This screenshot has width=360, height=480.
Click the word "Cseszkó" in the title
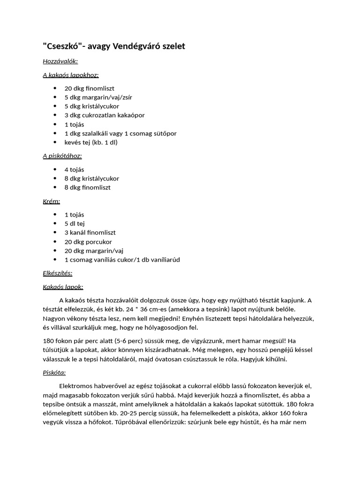point(63,46)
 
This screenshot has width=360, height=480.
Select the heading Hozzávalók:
point(60,61)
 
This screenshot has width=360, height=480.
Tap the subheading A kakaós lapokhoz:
point(71,75)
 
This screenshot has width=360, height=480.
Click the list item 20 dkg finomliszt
point(90,89)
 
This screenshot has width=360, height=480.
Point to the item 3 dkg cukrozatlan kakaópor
point(105,115)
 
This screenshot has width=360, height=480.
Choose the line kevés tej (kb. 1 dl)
point(91,142)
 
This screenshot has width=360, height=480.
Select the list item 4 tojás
point(75,170)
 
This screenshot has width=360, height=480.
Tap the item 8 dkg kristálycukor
point(92,179)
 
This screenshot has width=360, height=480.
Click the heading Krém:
point(52,201)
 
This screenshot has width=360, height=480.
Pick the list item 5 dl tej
point(75,224)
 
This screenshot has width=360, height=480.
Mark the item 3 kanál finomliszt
point(90,232)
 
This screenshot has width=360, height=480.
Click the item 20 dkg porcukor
point(88,242)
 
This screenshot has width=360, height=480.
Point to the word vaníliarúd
point(163,260)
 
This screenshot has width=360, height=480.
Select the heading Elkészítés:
point(58,273)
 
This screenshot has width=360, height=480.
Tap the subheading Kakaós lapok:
point(63,287)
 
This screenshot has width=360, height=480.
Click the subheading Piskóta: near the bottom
point(54,373)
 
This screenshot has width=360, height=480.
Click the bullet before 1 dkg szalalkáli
point(55,134)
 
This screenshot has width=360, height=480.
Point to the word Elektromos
point(76,386)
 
